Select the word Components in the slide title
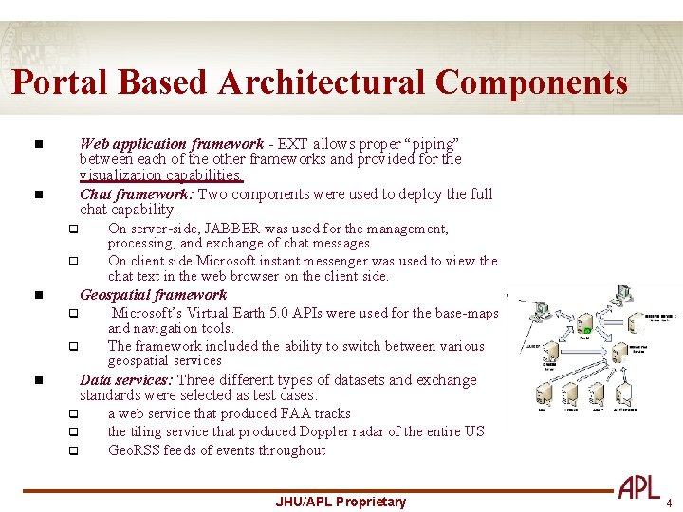click(x=531, y=82)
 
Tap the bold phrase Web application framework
click(x=171, y=144)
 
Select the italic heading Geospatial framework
click(x=153, y=295)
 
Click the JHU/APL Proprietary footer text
click(x=341, y=502)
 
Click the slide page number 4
click(x=669, y=503)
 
